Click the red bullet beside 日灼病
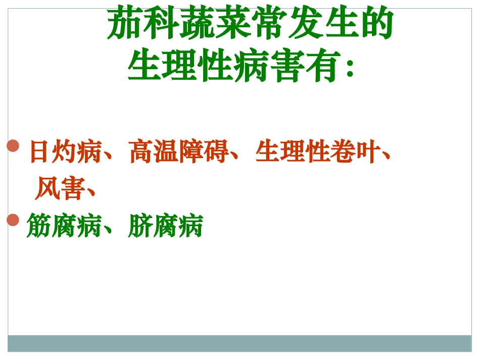pyautogui.click(x=13, y=146)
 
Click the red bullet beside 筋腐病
pyautogui.click(x=13, y=220)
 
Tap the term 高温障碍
pyautogui.click(x=178, y=151)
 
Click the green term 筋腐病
pyautogui.click(x=64, y=226)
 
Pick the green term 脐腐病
pyautogui.click(x=165, y=226)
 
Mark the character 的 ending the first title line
pyautogui.click(x=376, y=24)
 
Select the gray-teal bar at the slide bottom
pyautogui.click(x=239, y=343)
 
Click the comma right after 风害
pyautogui.click(x=91, y=191)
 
